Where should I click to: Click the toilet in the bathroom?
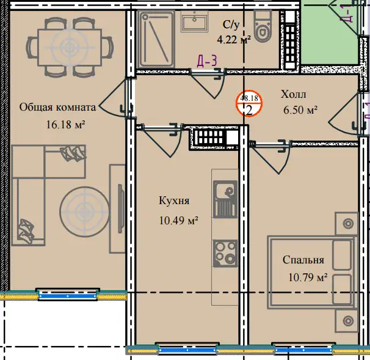click(262, 26)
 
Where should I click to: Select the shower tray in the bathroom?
click(157, 39)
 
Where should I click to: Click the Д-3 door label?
click(207, 61)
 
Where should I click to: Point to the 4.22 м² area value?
click(234, 39)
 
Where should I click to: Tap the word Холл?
click(294, 94)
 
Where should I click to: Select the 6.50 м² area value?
click(300, 110)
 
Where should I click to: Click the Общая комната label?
click(57, 108)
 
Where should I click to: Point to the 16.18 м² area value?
click(65, 125)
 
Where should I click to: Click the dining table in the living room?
click(70, 47)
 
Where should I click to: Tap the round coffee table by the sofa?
click(84, 211)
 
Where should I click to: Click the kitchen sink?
click(225, 199)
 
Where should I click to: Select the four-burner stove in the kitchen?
click(225, 254)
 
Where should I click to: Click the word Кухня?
click(174, 201)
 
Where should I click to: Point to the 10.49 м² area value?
click(178, 221)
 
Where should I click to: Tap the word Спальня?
click(303, 260)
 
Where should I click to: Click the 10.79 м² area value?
click(308, 277)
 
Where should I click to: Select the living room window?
click(68, 295)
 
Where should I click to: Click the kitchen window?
click(187, 348)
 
